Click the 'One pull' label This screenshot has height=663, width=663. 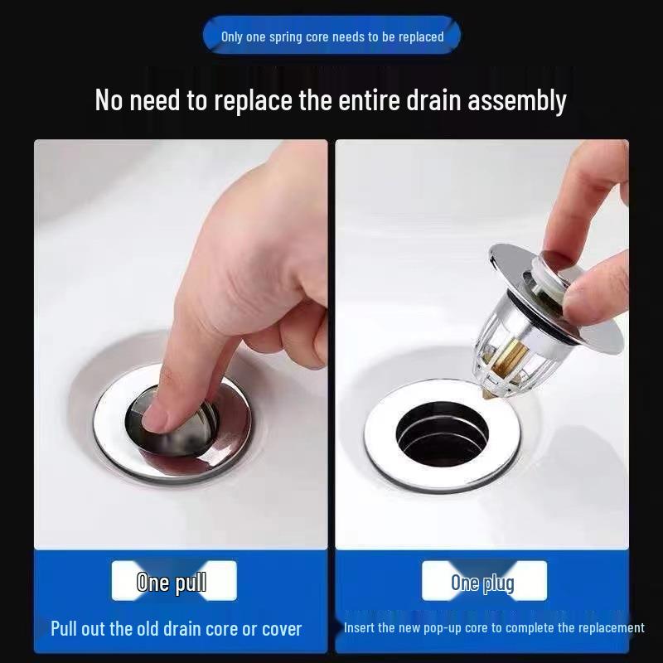(173, 582)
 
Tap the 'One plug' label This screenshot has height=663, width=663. (483, 582)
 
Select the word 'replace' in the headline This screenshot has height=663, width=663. (249, 101)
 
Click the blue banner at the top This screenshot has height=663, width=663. (331, 36)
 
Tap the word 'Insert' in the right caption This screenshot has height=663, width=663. (360, 628)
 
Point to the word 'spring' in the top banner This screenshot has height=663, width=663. (288, 36)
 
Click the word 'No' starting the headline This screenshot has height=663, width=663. (110, 101)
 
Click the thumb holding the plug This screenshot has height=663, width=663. (597, 290)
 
